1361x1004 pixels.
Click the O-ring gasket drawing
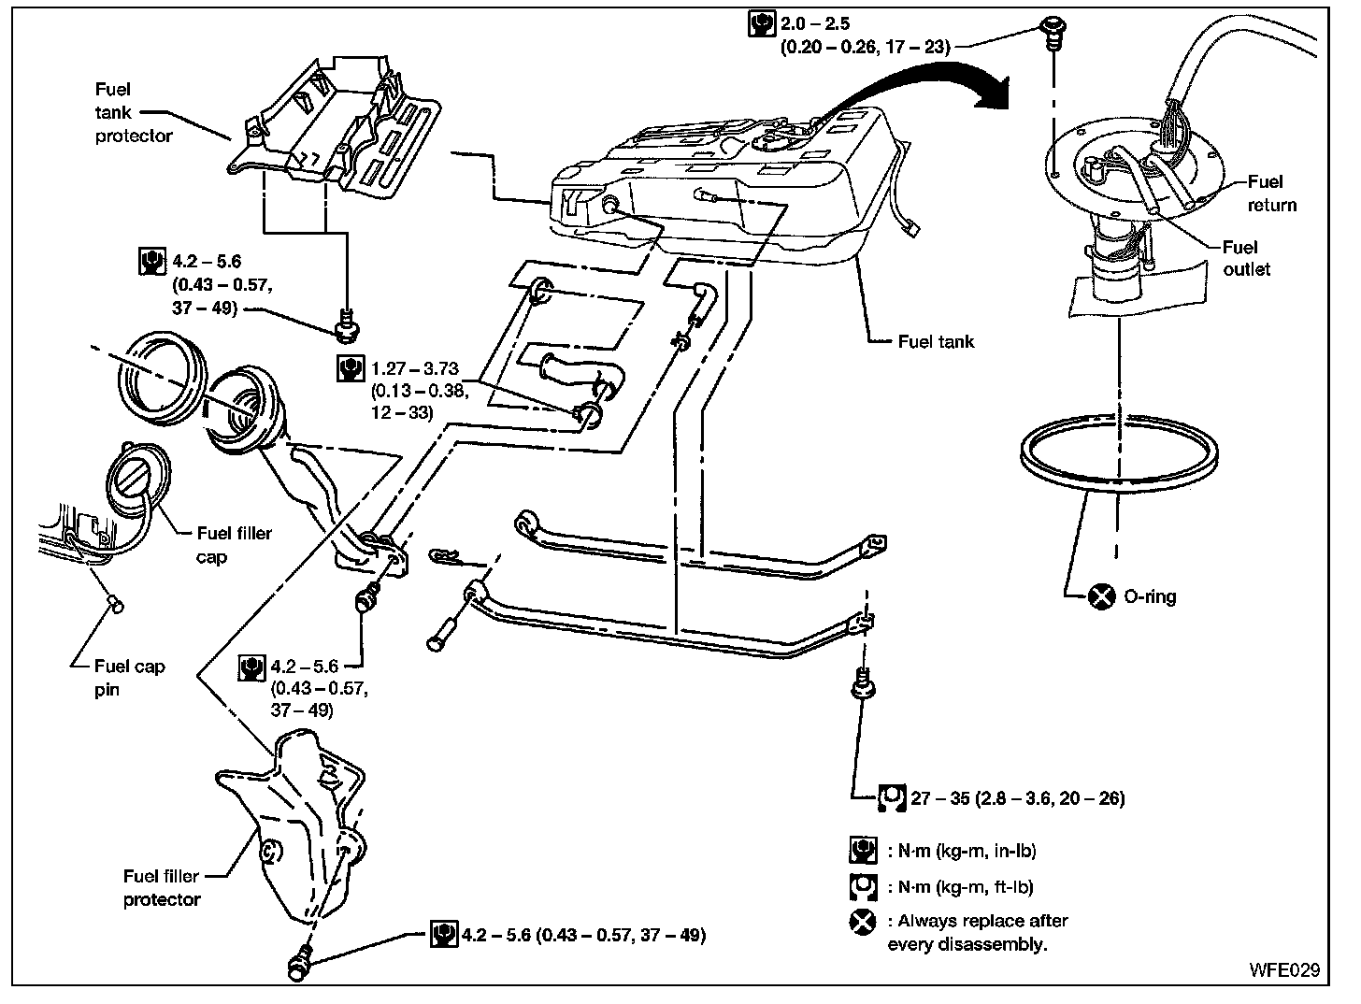pyautogui.click(x=1119, y=455)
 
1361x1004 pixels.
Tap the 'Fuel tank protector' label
pyautogui.click(x=133, y=112)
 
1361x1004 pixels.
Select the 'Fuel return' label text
pyautogui.click(x=1271, y=193)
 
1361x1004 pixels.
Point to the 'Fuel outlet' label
pyautogui.click(x=1245, y=258)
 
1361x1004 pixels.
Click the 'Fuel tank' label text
pyautogui.click(x=936, y=342)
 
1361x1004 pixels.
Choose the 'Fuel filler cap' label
pyautogui.click(x=234, y=545)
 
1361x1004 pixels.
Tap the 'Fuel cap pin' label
pyautogui.click(x=129, y=678)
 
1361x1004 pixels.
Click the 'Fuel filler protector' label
pyautogui.click(x=162, y=888)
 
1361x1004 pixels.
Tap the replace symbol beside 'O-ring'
pyautogui.click(x=1102, y=595)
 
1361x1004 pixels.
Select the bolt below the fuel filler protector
pyautogui.click(x=301, y=965)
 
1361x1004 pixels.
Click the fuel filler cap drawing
pyautogui.click(x=136, y=481)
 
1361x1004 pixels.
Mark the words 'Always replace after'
pyautogui.click(x=978, y=921)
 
